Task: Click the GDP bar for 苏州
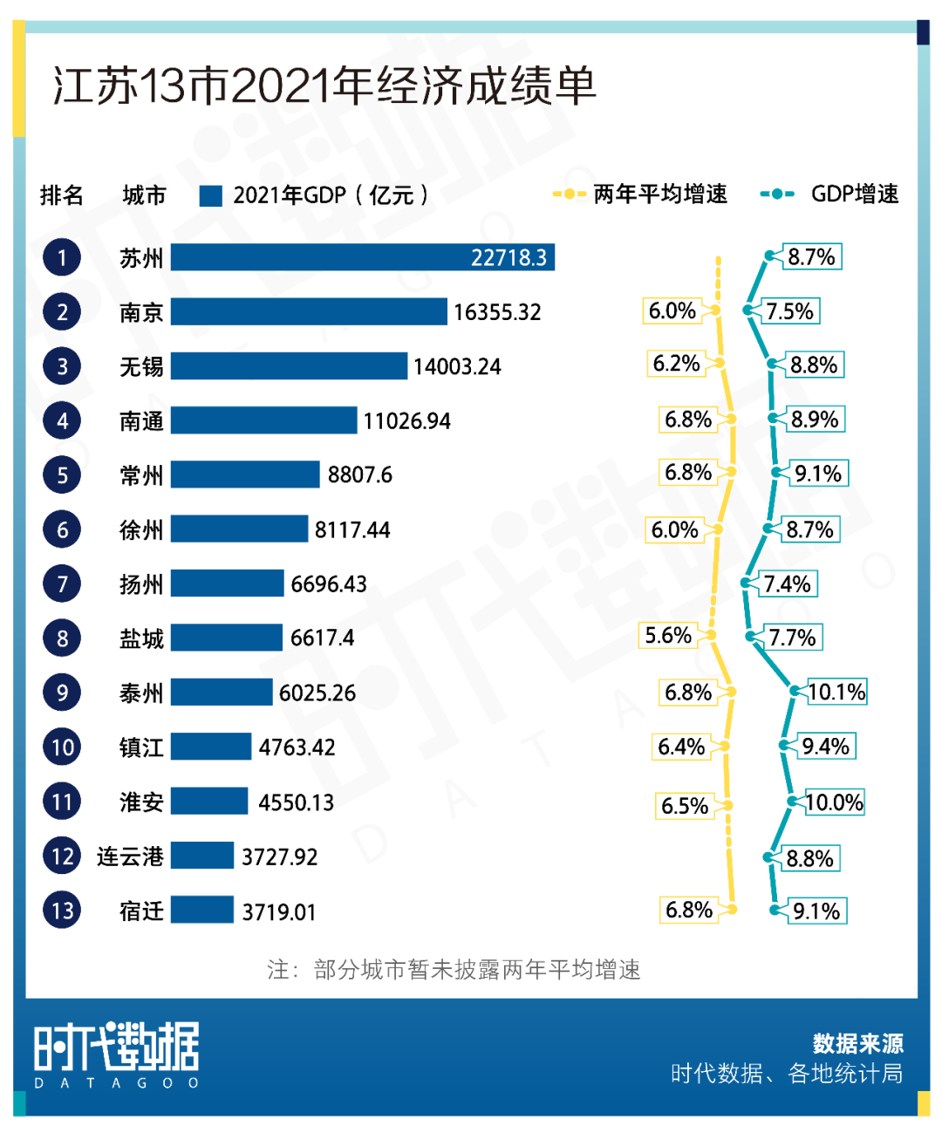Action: pyautogui.click(x=362, y=257)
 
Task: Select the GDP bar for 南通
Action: pyautogui.click(x=263, y=420)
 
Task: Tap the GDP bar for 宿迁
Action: pyautogui.click(x=202, y=910)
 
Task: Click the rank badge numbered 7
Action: pyautogui.click(x=62, y=584)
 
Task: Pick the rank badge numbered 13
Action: pyautogui.click(x=62, y=910)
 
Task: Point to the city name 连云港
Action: pyautogui.click(x=130, y=857)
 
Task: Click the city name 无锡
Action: pyautogui.click(x=141, y=366)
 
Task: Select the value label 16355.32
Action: pyautogui.click(x=497, y=312)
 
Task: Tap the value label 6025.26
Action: pyautogui.click(x=317, y=693)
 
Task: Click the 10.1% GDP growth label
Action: pyautogui.click(x=836, y=692)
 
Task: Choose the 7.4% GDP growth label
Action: pyautogui.click(x=787, y=584)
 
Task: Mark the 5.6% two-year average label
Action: pyautogui.click(x=668, y=635)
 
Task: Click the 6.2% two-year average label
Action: pyautogui.click(x=677, y=363)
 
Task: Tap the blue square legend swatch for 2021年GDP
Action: pyautogui.click(x=210, y=195)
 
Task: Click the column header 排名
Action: pyautogui.click(x=62, y=195)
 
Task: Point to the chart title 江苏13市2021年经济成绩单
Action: pyautogui.click(x=324, y=86)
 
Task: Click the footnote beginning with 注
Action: pyautogui.click(x=454, y=969)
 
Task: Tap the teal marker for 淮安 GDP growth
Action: pyautogui.click(x=792, y=802)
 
